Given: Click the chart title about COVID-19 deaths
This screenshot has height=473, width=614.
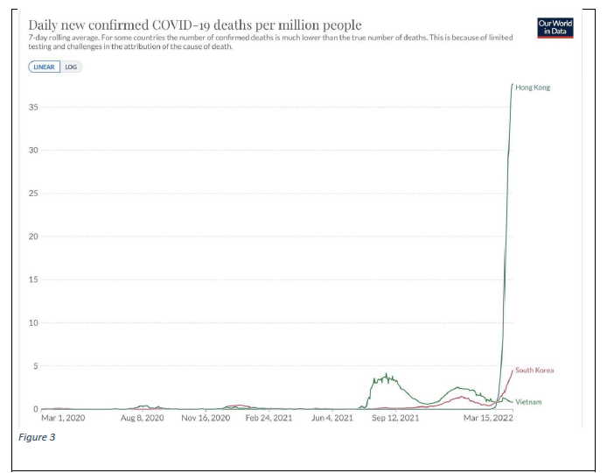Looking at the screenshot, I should pos(195,25).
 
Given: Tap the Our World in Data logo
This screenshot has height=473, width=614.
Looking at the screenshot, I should pos(555,27).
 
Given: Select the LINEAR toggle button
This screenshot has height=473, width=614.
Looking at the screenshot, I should pos(44,67).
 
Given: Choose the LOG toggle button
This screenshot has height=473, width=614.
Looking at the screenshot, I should pos(71,67).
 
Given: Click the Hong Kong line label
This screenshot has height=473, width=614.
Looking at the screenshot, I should pos(533,88).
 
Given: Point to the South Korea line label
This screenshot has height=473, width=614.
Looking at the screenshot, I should pos(534,371).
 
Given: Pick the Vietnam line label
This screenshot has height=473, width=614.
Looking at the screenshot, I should pos(528,402).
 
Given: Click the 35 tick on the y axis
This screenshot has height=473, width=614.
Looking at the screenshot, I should pos(34,108).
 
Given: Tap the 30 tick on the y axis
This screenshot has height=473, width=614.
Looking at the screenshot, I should pos(34,151).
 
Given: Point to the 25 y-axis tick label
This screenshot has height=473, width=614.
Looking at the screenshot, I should pos(34,194).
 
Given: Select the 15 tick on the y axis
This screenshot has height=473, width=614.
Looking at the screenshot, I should pos(34,279).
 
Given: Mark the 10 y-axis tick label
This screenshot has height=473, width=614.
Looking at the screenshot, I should pos(34,322).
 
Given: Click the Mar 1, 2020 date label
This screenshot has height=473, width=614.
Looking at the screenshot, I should pos(63,419).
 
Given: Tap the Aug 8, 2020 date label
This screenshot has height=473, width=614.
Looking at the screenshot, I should pos(142,419).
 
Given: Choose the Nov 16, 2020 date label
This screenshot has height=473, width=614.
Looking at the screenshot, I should pos(206,419).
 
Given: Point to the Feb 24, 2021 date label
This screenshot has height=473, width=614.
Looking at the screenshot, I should pos(269,419).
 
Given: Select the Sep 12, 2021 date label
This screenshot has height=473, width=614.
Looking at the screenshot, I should pos(395,419).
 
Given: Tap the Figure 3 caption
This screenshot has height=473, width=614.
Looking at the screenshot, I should pos(37,437).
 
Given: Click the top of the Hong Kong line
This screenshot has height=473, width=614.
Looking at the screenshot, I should pos(512,85).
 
